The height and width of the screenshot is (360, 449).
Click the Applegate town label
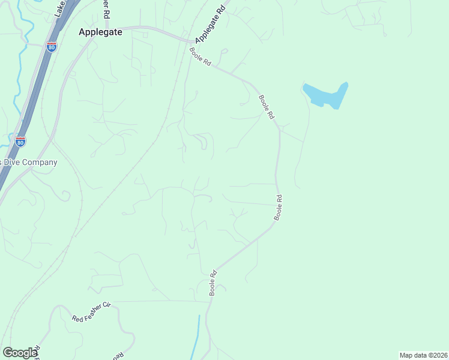pos(100,33)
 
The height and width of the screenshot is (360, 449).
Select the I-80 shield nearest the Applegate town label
pos(52,46)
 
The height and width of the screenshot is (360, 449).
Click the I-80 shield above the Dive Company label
pos(20,142)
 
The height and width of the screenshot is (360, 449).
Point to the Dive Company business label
pos(28,163)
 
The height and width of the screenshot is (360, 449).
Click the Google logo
pos(20,353)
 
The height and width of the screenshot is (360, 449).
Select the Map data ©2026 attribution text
pos(423,355)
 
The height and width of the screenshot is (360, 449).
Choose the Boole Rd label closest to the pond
pos(267,106)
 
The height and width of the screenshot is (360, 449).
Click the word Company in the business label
pos(39,163)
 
